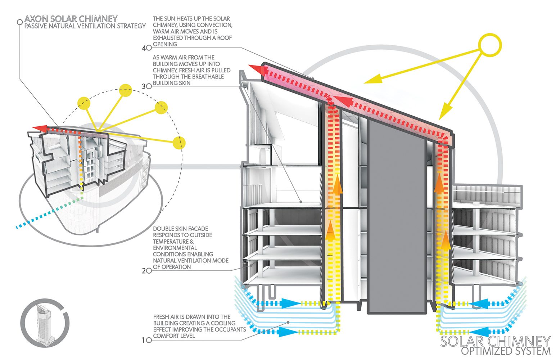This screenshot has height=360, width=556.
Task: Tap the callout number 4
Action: [x=144, y=48]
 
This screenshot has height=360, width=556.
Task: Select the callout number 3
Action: [x=144, y=86]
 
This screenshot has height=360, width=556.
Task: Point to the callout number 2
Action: [x=144, y=270]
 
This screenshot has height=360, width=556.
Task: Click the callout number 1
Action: [x=144, y=340]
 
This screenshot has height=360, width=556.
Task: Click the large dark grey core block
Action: [x=396, y=216]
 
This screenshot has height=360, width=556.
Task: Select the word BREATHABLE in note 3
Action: [x=206, y=77]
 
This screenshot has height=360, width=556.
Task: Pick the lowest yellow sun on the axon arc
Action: [x=179, y=143]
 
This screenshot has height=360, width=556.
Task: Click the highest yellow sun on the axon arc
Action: [x=126, y=90]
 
